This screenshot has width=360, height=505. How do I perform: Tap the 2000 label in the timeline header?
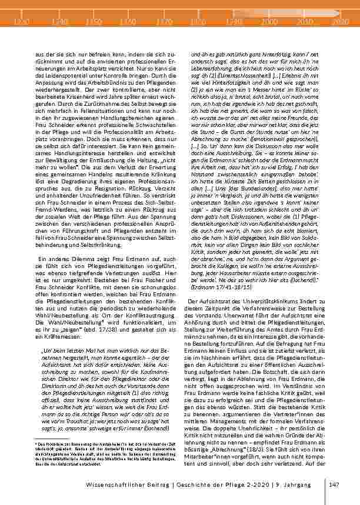[270, 21]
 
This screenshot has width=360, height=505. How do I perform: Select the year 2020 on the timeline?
[341, 21]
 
